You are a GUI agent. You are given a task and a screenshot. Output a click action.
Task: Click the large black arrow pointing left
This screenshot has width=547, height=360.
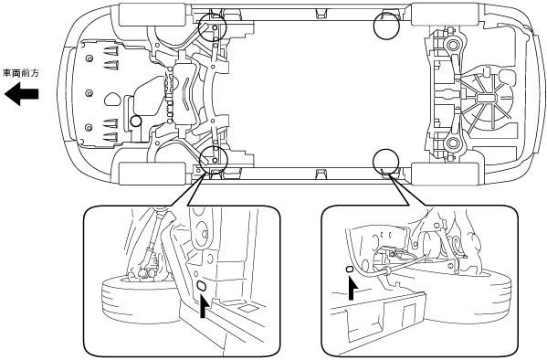[21, 93]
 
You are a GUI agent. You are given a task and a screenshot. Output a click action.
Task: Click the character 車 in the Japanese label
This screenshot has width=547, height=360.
[7, 73]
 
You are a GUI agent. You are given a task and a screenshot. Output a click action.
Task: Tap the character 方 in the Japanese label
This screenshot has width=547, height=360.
[35, 73]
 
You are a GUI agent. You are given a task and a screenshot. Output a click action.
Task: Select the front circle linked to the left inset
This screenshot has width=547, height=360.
[213, 159]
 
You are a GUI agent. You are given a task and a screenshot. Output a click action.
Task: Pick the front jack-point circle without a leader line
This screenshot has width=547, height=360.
[212, 27]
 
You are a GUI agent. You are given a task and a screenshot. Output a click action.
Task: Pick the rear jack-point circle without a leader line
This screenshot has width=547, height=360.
[386, 26]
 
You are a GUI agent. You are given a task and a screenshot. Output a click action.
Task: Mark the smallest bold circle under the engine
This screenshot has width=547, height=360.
[136, 122]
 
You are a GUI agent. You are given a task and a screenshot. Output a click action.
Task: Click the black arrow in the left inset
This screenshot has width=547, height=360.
[204, 304]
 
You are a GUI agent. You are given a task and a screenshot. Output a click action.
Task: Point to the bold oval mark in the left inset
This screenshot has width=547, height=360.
[201, 286]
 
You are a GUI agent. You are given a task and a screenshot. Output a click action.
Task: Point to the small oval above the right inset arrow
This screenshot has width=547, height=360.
[349, 270]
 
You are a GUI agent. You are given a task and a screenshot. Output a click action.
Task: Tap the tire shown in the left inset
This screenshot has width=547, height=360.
[138, 298]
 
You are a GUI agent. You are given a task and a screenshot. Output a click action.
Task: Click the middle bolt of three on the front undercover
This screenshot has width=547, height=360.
[89, 93]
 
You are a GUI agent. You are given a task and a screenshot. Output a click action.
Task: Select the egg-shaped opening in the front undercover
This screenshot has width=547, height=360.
[112, 100]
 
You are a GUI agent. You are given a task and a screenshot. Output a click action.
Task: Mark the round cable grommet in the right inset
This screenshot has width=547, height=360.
[387, 270]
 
